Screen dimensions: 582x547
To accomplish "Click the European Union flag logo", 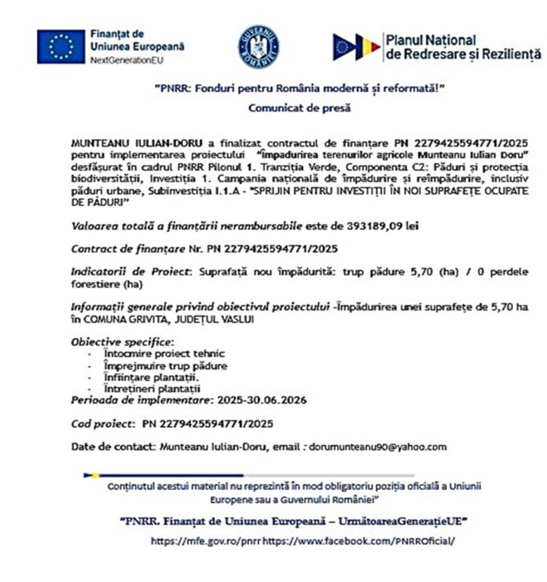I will [60, 47].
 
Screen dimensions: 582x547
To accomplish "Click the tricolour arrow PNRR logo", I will [356, 47].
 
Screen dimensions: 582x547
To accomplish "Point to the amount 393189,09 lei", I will [376, 226].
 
